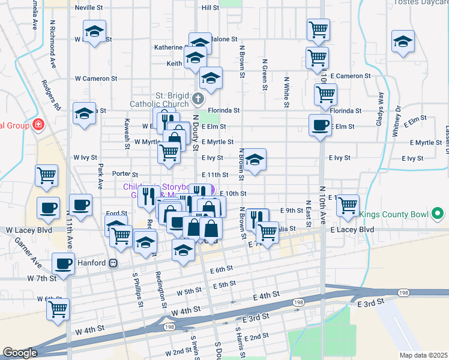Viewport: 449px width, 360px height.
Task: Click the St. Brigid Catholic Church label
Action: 159,100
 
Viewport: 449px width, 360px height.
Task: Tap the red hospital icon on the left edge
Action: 39,125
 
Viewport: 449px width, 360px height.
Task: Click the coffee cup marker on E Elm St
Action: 319,125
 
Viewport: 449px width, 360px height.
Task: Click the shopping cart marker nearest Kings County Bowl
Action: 348,205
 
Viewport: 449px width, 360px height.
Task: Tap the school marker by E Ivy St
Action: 255,160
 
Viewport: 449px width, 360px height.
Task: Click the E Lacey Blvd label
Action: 352,230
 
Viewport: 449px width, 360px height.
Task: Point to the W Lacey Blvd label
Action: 30,230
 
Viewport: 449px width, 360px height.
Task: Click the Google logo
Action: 19,353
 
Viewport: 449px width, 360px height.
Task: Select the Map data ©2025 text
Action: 423,355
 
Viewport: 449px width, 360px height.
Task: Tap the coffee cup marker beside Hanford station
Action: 63,263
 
